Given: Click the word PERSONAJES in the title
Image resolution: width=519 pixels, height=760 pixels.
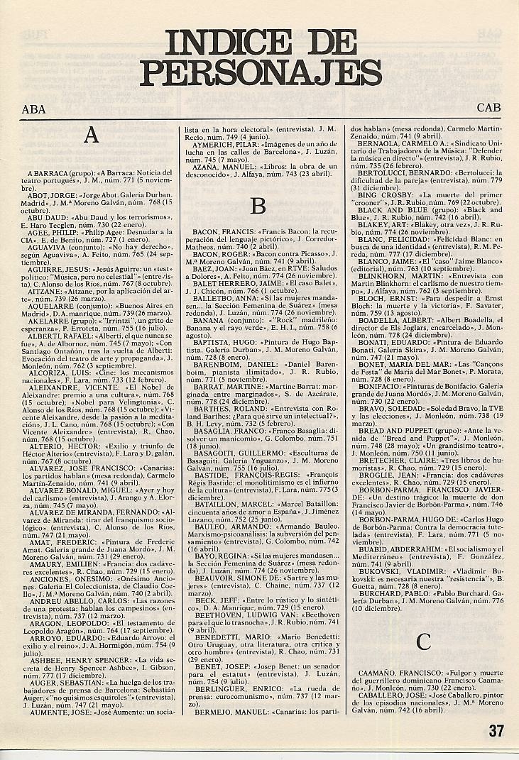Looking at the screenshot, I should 261,73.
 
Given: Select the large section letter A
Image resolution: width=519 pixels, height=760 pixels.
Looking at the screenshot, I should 91,136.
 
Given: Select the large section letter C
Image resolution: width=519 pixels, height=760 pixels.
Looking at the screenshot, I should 423,641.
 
